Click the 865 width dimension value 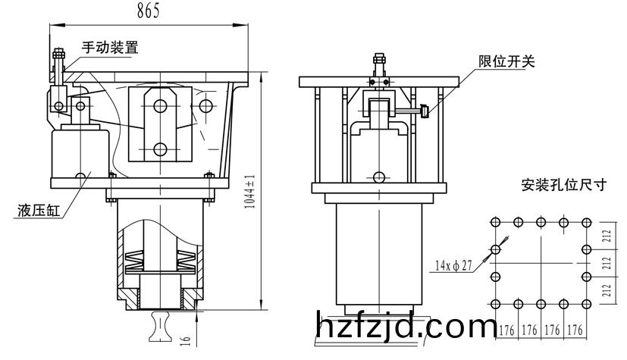(x=149, y=11)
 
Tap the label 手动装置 (x=110, y=47)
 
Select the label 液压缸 (x=39, y=210)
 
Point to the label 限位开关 (x=506, y=61)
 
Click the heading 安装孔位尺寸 (x=564, y=185)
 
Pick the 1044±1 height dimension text (x=249, y=192)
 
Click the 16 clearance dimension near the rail (x=185, y=341)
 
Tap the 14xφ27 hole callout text (x=454, y=265)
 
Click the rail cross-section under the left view (x=160, y=327)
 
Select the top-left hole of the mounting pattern (x=495, y=222)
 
